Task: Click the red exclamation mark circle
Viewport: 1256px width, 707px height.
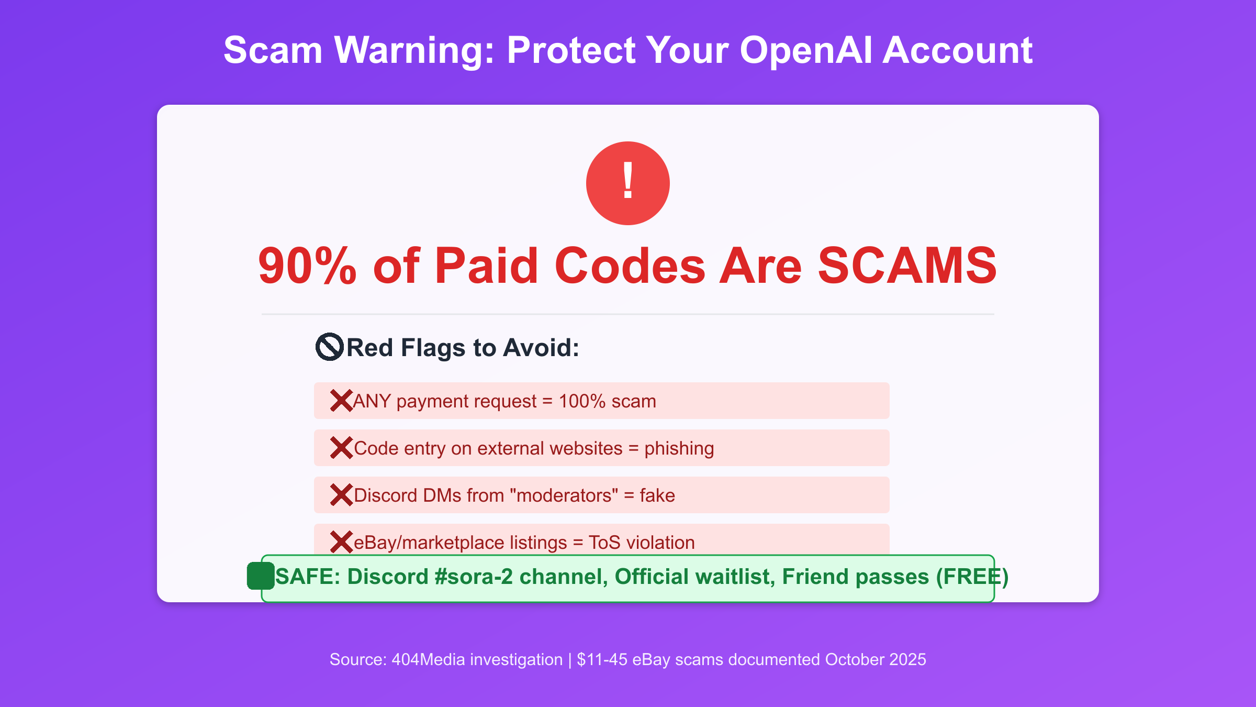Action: click(628, 183)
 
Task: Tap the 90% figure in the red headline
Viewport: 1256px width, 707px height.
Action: click(308, 266)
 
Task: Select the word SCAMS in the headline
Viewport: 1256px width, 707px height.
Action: click(907, 266)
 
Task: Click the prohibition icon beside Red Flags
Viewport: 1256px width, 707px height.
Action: click(330, 347)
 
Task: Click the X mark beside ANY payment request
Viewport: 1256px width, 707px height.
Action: click(341, 401)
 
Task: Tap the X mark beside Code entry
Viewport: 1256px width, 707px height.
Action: click(341, 448)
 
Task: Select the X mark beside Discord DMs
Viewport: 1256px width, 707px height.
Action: click(341, 495)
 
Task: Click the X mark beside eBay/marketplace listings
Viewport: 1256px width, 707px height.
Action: click(341, 542)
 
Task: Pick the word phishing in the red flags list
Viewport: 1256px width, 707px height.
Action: click(679, 449)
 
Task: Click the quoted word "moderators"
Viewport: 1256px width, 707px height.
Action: click(564, 495)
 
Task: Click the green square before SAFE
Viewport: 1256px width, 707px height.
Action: click(261, 576)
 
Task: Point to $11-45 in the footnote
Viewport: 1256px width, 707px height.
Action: click(602, 659)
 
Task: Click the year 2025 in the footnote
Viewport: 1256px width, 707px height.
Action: click(907, 659)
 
